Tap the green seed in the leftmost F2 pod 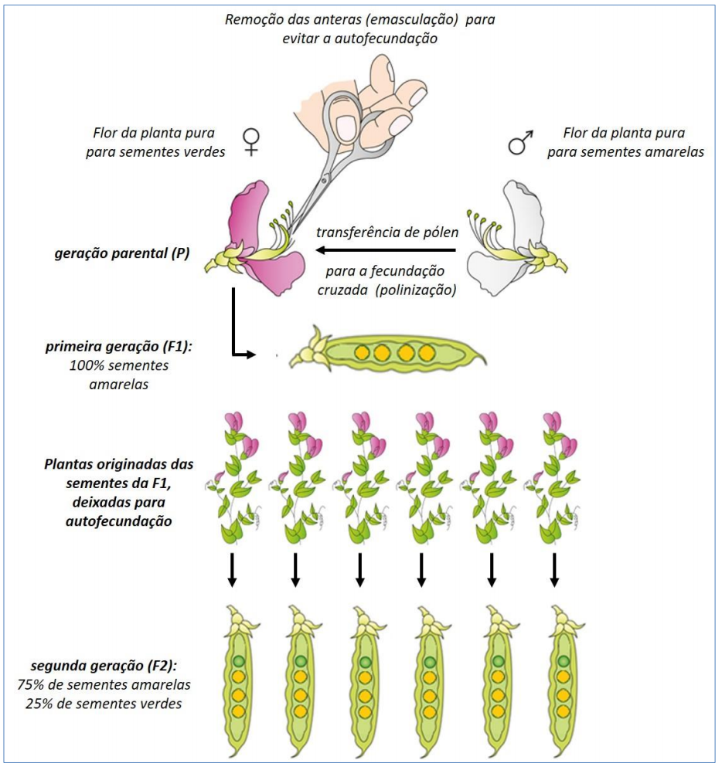(239, 660)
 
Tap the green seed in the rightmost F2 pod (564, 660)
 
